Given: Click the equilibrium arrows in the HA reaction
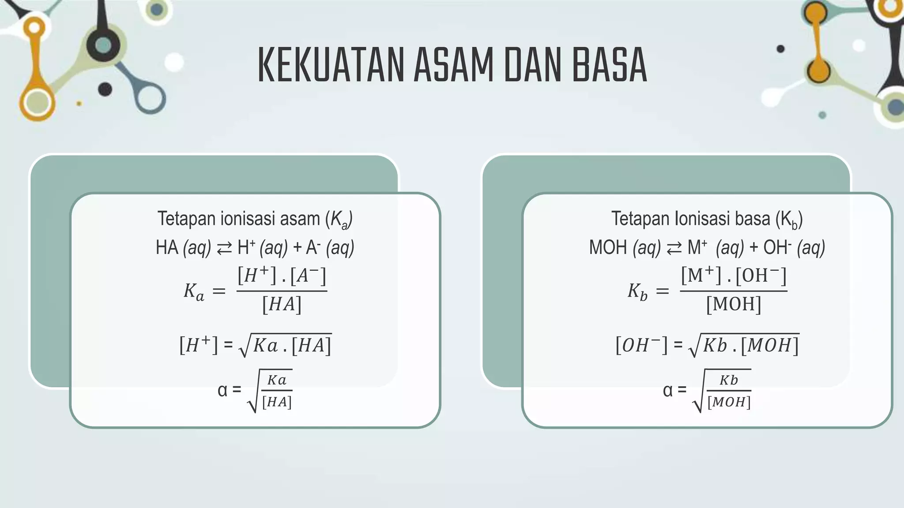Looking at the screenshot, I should click(x=224, y=248).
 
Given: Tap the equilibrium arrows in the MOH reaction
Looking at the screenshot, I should click(x=674, y=248).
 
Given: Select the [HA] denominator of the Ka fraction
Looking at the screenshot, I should click(x=282, y=305).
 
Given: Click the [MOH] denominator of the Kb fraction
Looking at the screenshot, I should click(x=733, y=304).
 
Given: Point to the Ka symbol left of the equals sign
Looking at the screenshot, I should click(x=194, y=291).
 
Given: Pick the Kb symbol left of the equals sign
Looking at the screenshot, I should click(x=637, y=291).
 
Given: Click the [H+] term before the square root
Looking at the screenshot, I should click(x=198, y=345).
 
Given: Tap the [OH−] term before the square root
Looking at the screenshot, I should click(x=641, y=345).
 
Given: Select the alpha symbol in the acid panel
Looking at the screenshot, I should click(x=222, y=390).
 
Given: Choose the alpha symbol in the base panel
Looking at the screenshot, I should click(x=668, y=390).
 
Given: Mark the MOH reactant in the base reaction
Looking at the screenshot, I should click(x=608, y=248).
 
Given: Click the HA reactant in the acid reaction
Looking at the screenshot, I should click(x=167, y=248).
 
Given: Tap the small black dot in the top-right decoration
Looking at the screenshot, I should click(x=780, y=49).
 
